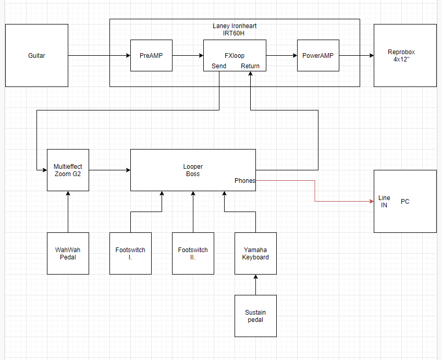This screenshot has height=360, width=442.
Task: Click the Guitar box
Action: pos(36,56)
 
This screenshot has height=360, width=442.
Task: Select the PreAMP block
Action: pos(151,56)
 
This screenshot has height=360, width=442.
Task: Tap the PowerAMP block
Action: pos(318,56)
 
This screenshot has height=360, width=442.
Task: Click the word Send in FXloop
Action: pos(219,66)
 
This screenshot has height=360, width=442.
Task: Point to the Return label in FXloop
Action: pos(250,66)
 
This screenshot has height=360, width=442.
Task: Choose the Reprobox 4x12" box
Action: pos(405,56)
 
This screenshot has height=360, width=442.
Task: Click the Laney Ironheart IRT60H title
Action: pos(235,30)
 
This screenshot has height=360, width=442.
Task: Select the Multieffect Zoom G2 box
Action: pos(68,170)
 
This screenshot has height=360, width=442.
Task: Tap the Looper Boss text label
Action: pos(193,170)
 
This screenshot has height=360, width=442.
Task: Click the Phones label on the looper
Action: pos(244,181)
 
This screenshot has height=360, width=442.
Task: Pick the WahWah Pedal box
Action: pos(68,254)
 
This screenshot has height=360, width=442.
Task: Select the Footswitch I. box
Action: pos(130,254)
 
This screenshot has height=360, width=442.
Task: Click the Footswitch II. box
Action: pos(193,254)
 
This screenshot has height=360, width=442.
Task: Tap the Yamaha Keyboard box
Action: pos(256,254)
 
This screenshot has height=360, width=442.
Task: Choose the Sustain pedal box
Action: pos(256,316)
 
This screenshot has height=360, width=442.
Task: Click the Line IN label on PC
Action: pos(384,202)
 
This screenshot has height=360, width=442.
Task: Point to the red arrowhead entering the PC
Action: pos(372,202)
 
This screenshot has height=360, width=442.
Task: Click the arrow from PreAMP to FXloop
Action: pos(188,56)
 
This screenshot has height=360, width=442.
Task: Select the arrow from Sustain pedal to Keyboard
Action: pos(256,285)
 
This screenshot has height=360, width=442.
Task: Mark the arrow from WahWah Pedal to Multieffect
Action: pos(68,212)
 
